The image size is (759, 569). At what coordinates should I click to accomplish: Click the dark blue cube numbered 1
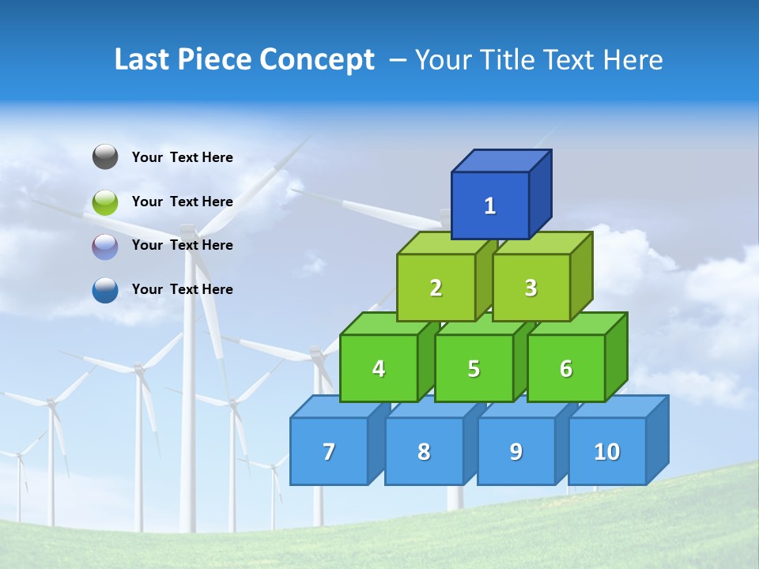pos(490,205)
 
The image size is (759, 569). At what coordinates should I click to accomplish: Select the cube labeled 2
pos(436,288)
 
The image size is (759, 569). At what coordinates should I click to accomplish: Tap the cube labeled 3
pos(531,288)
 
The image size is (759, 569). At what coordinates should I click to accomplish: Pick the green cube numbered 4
pos(379,368)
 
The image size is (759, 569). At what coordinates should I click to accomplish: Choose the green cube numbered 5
pos(474,368)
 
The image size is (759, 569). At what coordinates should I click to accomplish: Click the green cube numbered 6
pos(566,368)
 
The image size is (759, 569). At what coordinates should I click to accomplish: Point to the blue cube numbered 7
pos(329,451)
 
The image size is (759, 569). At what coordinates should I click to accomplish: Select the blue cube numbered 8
pos(424,451)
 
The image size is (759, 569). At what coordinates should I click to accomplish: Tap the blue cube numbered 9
pos(516,451)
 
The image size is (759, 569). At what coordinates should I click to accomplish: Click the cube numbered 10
pos(607,451)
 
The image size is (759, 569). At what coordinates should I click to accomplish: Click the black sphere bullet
pos(105,157)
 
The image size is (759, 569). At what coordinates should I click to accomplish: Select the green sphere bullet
pos(105,202)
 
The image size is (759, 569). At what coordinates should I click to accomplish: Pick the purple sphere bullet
pos(105,247)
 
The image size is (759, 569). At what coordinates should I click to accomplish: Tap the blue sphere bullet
pos(105,290)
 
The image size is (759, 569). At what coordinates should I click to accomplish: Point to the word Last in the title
pos(143,60)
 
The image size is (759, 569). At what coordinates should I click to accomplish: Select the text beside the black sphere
pos(183,157)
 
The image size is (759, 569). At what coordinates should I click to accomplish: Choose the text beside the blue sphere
pos(183,289)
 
